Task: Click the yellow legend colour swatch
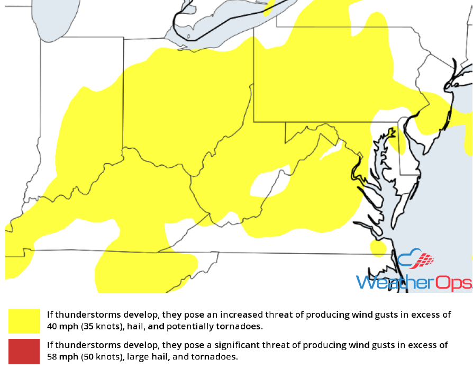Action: [24, 320]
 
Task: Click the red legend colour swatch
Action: [24, 351]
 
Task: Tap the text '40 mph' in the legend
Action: [60, 326]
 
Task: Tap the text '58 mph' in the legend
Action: [60, 357]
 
